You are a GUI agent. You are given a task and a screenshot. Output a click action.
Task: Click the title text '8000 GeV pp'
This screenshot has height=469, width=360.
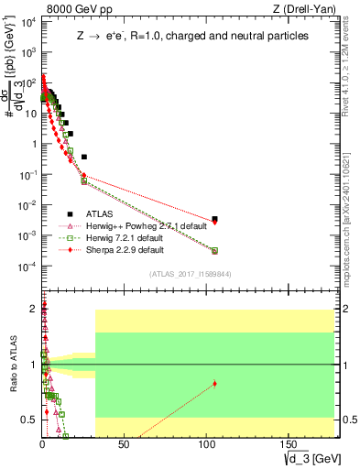70,9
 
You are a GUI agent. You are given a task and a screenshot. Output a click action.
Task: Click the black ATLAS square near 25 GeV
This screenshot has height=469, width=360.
84,157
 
